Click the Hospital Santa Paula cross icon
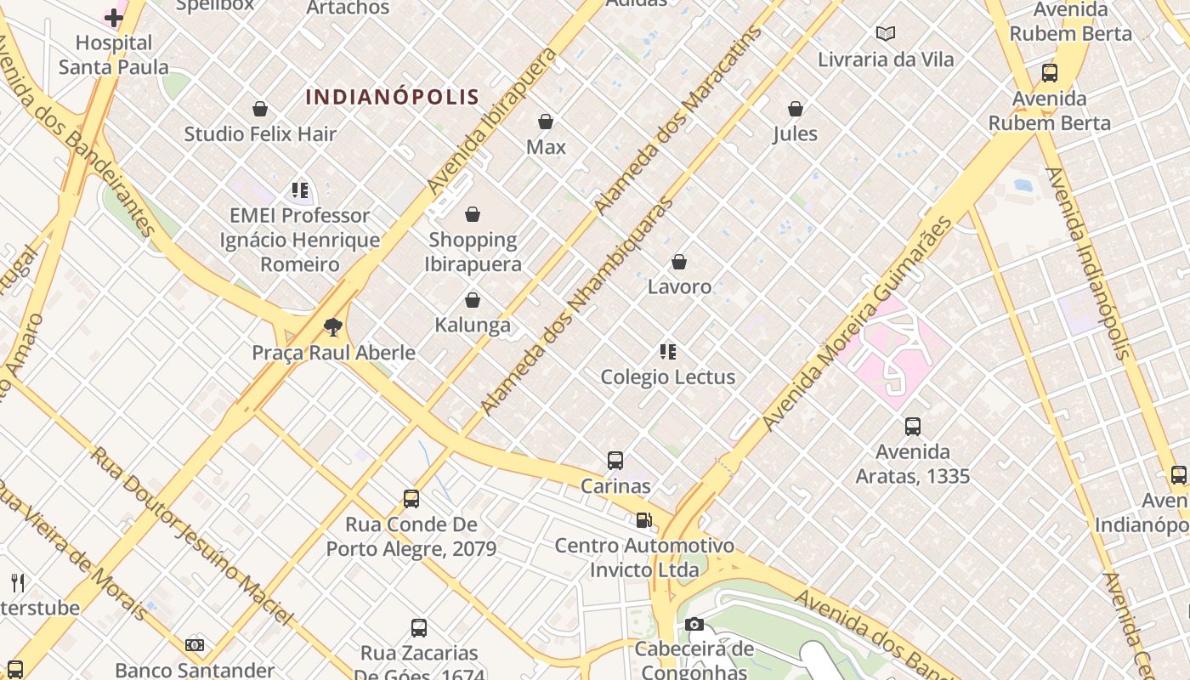114,18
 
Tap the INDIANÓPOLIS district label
393,97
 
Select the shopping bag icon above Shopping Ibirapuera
473,214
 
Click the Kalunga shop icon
473,300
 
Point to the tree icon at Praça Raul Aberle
333,326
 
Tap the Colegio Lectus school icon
668,351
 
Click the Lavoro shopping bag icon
679,262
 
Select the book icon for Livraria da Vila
886,34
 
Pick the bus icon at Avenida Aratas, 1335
913,427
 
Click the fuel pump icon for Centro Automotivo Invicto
644,520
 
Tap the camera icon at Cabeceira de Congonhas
694,625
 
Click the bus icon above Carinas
615,461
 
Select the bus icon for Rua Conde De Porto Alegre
411,499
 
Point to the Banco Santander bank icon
195,646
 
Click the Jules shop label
795,134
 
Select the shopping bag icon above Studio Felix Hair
260,109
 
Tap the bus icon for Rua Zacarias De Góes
419,628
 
